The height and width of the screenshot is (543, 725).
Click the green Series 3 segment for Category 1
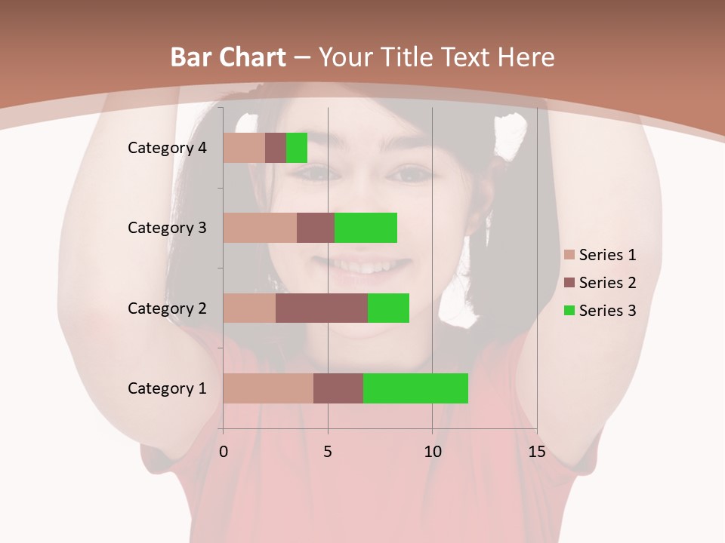415,388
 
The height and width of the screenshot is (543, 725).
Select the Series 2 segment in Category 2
322,308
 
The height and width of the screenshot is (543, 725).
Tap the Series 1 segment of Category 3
260,228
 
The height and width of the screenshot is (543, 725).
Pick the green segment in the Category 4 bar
297,148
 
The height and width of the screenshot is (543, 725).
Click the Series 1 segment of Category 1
268,388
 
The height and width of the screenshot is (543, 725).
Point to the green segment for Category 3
366,228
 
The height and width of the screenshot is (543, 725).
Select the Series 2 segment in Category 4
276,148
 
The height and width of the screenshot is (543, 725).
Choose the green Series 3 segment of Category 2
388,308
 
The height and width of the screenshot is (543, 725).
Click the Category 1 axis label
167,388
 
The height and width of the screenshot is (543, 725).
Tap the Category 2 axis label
167,308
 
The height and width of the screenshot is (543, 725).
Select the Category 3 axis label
167,228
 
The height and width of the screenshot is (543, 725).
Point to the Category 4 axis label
167,148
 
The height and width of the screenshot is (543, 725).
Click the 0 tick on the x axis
224,452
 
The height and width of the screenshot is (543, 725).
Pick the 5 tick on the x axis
328,452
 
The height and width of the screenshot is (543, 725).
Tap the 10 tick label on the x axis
432,452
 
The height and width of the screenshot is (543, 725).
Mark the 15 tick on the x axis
536,452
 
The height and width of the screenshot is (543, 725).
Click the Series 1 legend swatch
569,255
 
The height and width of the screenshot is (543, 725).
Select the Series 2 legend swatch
569,283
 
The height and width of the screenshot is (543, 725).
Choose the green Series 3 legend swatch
569,311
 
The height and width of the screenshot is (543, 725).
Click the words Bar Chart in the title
227,57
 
